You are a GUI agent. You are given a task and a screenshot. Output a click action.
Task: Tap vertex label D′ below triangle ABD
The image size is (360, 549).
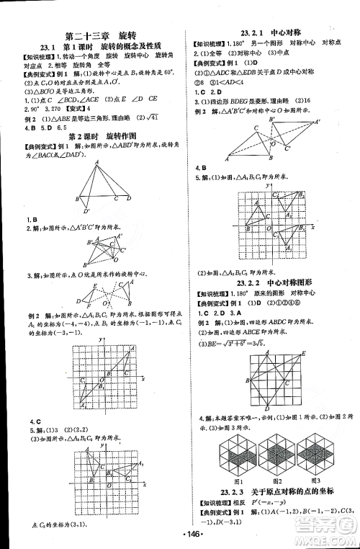84,211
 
